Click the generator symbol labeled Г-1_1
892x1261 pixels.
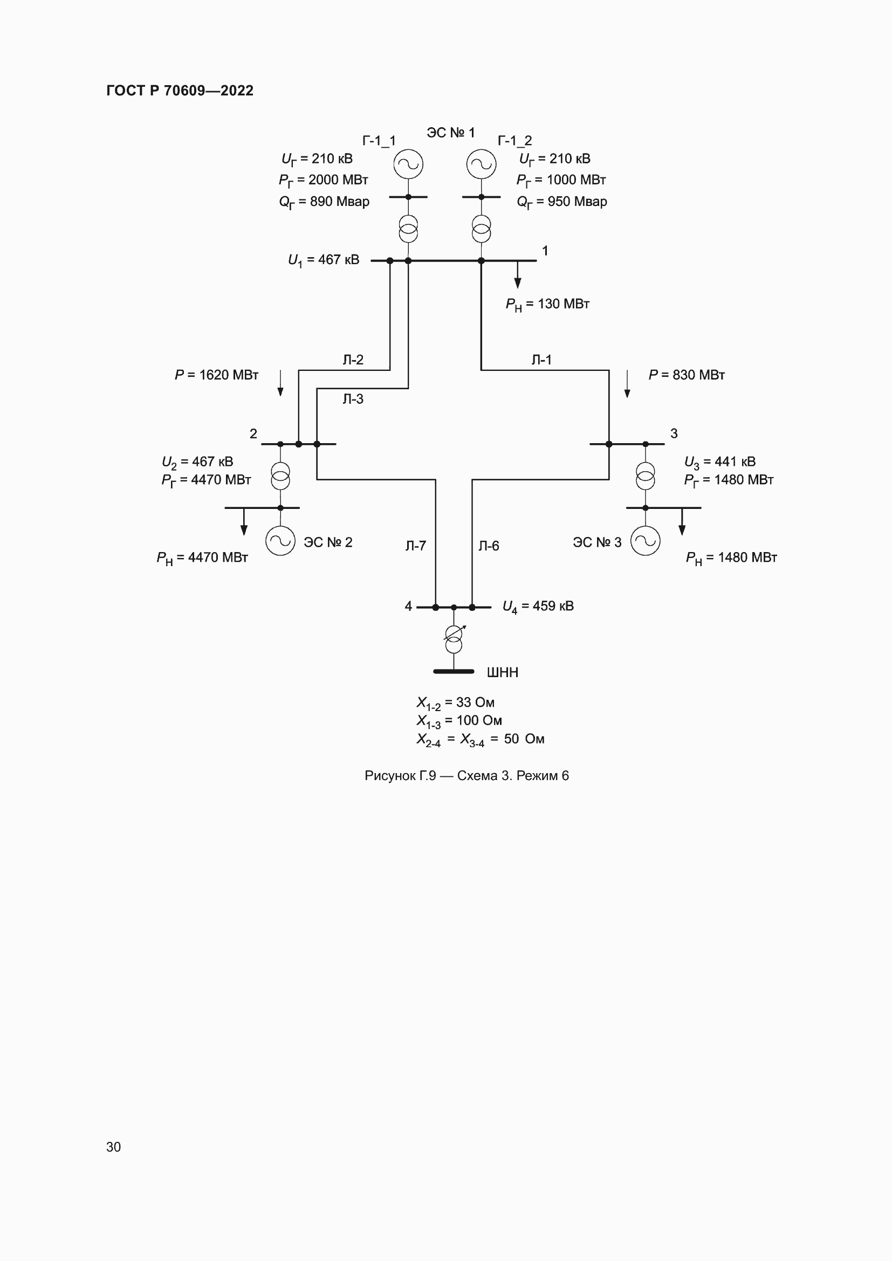click(408, 164)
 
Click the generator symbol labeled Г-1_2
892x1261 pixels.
click(481, 164)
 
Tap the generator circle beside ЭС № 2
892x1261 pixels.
click(280, 541)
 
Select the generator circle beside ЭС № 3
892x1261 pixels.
click(646, 541)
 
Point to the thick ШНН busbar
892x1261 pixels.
click(454, 671)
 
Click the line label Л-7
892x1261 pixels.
click(416, 546)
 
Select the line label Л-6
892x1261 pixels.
click(488, 546)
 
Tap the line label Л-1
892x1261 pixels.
click(541, 360)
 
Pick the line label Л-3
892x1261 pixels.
click(353, 399)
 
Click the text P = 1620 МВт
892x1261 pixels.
click(216, 375)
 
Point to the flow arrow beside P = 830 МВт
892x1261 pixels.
click(627, 384)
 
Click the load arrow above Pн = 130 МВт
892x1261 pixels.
click(517, 275)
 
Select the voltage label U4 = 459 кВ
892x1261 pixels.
click(538, 607)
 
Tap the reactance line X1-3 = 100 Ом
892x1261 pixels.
click(459, 721)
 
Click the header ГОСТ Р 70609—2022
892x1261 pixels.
click(180, 91)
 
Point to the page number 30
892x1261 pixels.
click(113, 1147)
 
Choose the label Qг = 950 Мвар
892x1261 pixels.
click(561, 202)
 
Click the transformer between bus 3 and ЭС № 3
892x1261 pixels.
click(646, 476)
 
